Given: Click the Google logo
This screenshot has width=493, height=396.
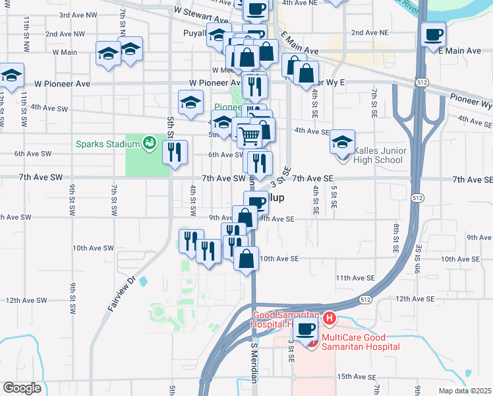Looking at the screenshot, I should (22, 387).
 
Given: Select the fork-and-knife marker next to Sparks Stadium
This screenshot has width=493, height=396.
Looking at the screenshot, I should (175, 152).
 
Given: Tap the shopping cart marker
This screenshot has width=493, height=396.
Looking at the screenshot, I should (250, 135).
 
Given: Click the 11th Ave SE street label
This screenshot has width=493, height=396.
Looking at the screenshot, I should (355, 279).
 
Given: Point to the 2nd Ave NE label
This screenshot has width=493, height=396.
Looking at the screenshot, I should (370, 32).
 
